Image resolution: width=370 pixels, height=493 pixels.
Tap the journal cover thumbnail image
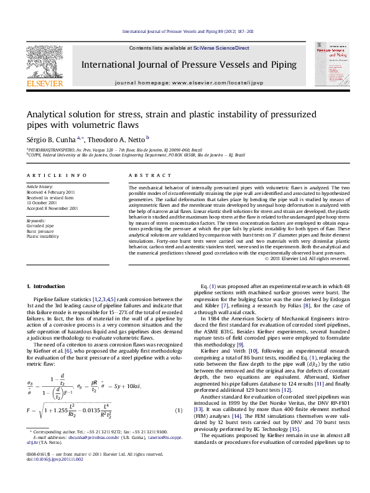[x=326, y=66]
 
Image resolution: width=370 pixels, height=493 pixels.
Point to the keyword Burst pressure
[x=40, y=230]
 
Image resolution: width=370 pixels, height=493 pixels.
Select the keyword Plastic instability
[x=43, y=236]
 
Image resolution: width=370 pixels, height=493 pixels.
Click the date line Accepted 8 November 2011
[x=52, y=209]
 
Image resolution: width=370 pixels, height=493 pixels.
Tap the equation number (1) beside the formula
[x=179, y=410]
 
